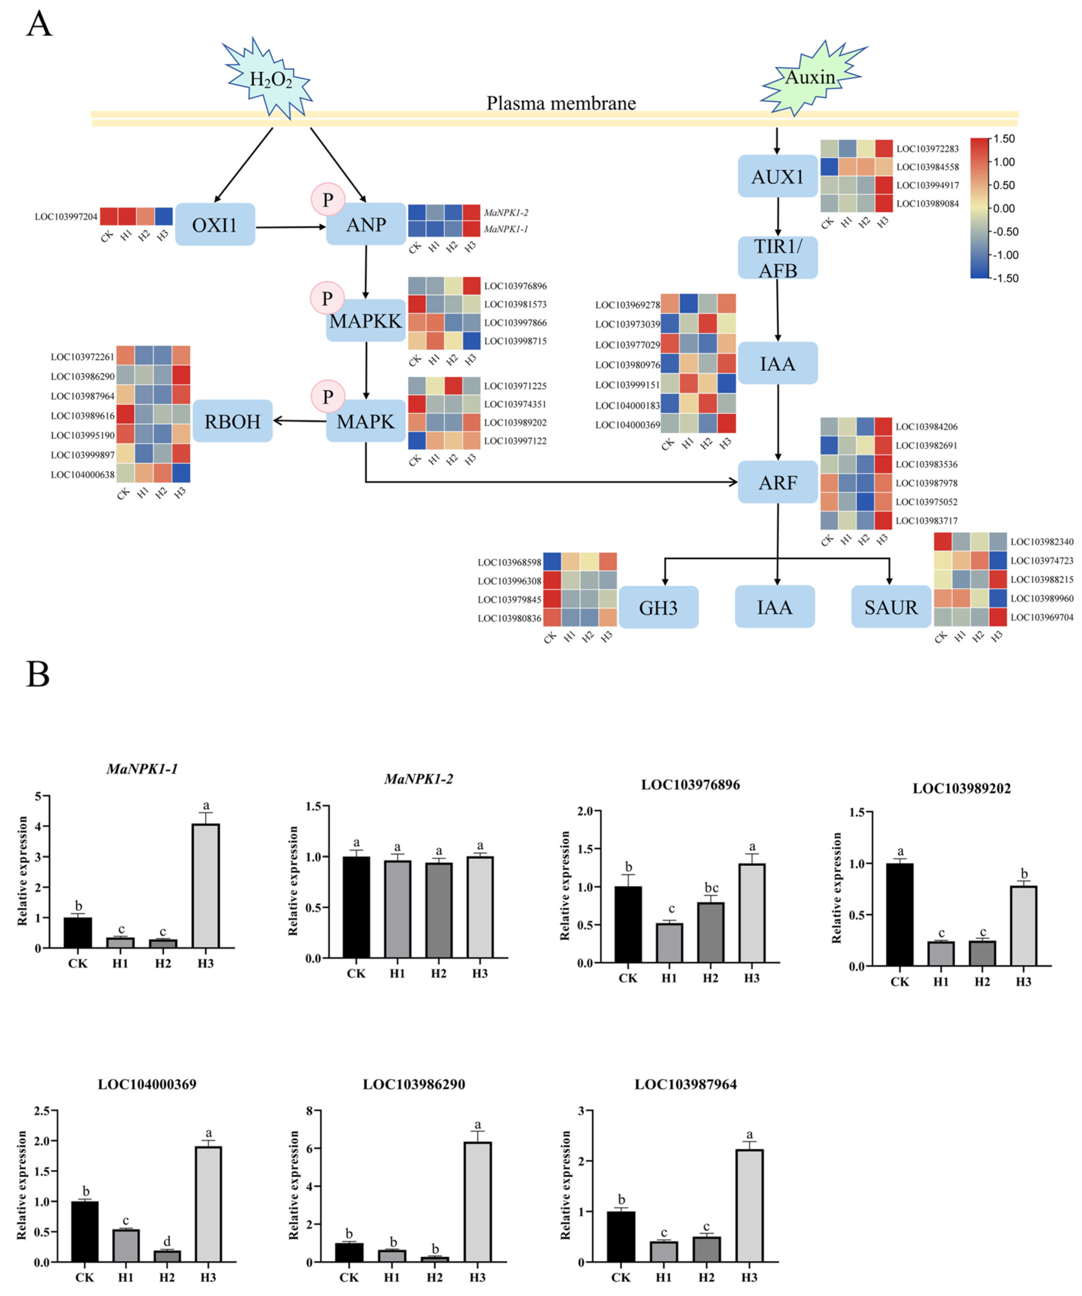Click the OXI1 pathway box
(215, 225)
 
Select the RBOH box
(232, 422)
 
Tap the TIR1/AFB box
(778, 258)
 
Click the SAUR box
(891, 607)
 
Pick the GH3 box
(658, 608)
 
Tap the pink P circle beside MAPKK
(327, 299)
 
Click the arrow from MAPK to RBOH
(299, 421)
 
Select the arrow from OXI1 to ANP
(290, 227)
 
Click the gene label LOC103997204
(66, 217)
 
